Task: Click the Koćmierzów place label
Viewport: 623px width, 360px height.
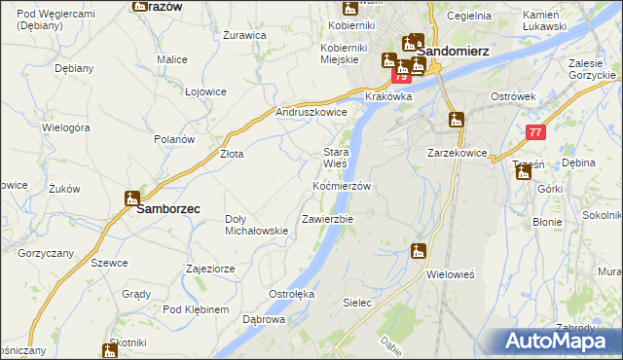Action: click(x=342, y=186)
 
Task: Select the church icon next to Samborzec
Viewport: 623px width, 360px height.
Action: click(x=132, y=198)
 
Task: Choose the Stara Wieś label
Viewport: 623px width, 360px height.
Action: click(x=336, y=158)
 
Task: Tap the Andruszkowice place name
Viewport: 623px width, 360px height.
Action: click(x=311, y=113)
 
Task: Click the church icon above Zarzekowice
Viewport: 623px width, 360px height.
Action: click(x=456, y=121)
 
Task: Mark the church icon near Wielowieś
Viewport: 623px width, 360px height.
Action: click(x=419, y=251)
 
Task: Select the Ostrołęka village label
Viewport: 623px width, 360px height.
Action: click(x=291, y=293)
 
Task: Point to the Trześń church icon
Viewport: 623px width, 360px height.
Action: click(x=525, y=172)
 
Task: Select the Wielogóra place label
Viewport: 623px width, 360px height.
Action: click(x=66, y=127)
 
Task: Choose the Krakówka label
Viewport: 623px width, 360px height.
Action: click(x=389, y=97)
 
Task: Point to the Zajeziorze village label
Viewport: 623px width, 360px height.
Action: click(x=213, y=268)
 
